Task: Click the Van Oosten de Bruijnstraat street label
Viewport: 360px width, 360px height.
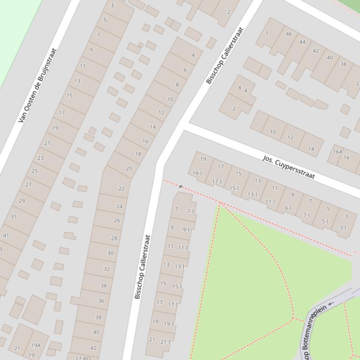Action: click(37, 86)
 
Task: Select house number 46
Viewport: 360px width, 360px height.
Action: click(289, 34)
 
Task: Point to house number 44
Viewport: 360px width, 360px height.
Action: click(302, 42)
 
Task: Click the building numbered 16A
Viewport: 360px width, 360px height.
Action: click(338, 151)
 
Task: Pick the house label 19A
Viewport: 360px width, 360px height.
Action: click(36, 346)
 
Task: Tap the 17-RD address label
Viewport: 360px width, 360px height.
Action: click(83, 358)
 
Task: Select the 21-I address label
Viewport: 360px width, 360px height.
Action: click(165, 342)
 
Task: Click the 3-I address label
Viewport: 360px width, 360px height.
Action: click(343, 228)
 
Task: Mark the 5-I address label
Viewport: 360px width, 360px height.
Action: click(325, 222)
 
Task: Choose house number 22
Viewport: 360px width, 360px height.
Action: click(122, 189)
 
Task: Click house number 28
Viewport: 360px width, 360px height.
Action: click(114, 238)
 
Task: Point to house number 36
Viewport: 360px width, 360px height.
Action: click(101, 301)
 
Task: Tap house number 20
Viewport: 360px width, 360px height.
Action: click(129, 168)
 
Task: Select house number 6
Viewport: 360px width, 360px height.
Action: click(185, 70)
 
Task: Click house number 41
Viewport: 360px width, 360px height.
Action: click(6, 235)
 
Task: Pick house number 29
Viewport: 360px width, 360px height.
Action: click(22, 201)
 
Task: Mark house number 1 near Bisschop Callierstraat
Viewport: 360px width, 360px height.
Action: click(267, 33)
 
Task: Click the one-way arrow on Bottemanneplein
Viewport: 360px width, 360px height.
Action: click(331, 303)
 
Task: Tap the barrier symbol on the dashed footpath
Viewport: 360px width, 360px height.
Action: click(181, 187)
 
